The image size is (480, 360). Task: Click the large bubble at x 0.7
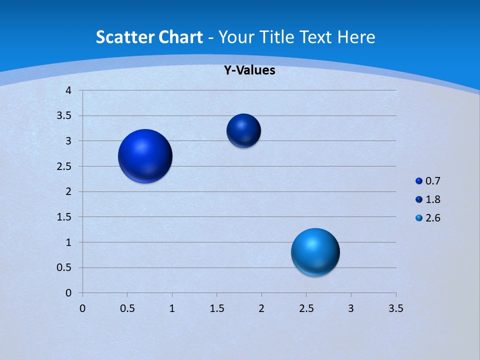pos(145,156)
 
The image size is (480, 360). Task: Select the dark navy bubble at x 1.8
pos(243,130)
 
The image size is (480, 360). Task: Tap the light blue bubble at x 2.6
pos(315,252)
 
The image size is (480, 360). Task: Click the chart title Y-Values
pos(249,70)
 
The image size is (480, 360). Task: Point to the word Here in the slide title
pos(356,37)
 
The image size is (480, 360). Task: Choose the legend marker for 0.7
pos(419,181)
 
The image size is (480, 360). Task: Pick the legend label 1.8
pos(433,199)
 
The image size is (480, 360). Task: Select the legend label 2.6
pos(433,218)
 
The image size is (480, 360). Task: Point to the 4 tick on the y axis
pos(68,90)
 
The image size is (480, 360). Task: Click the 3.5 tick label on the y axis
pos(64,116)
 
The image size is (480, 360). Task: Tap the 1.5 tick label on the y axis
pos(64,217)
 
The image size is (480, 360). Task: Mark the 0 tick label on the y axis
pos(68,293)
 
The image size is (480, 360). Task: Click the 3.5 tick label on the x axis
pos(395,308)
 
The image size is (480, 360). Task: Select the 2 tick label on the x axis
pos(261,308)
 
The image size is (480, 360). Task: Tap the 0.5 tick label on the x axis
pos(127,308)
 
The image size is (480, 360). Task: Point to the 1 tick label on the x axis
pos(172,308)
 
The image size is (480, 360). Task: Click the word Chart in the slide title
pos(181,37)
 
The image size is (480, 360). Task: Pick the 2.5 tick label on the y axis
pos(64,166)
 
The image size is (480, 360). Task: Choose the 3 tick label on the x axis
pos(351,308)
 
